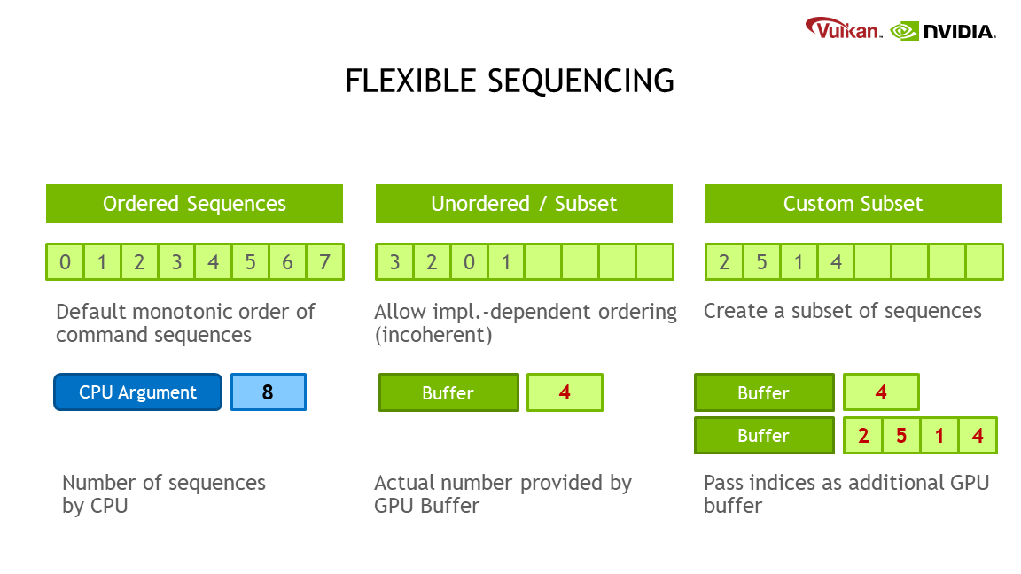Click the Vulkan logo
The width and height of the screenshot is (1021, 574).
coord(843,29)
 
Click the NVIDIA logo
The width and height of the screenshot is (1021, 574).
coord(943,31)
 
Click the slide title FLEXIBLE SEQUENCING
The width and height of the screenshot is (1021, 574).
coord(510,81)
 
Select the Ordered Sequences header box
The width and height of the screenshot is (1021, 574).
coord(194,204)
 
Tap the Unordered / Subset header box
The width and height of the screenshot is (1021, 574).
coord(524,204)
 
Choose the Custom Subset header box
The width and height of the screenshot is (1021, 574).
coord(853,204)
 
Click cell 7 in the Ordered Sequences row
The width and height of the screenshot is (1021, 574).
coord(324,262)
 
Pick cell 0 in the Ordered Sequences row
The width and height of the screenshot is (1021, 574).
coord(65,262)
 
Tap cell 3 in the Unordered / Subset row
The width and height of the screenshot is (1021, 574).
coord(394,262)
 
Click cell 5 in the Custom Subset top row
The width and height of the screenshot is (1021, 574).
coord(761,262)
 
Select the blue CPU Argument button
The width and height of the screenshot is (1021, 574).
coord(137,392)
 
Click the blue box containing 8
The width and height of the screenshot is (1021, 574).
coord(268,392)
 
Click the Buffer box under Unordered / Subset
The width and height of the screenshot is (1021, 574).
coord(448,392)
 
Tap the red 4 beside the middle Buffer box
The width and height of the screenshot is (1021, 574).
coord(565,392)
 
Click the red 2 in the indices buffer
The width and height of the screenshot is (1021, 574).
coord(862,436)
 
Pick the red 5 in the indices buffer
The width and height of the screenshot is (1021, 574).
coord(900,436)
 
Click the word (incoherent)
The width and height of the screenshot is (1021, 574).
coord(433,336)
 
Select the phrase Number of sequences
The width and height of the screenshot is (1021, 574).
coord(164,483)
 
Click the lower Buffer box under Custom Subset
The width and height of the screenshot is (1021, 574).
coord(763,436)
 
